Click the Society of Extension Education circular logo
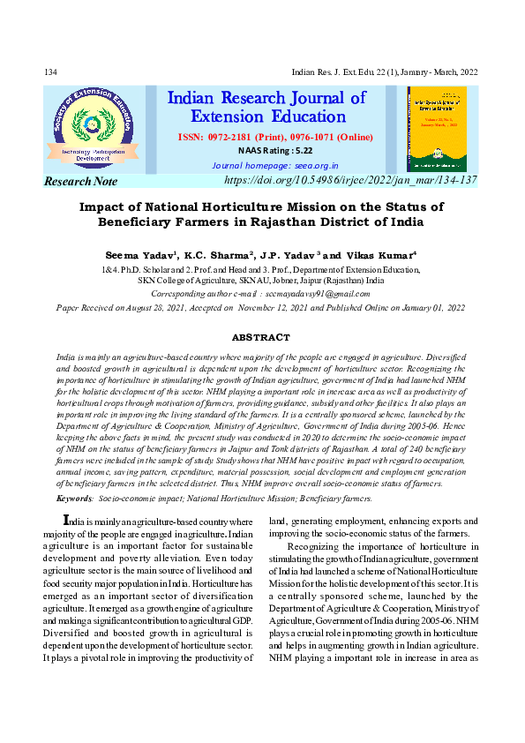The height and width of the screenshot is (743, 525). click(x=92, y=128)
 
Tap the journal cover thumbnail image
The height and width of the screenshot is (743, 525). click(x=437, y=129)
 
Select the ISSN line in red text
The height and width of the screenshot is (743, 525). click(x=275, y=138)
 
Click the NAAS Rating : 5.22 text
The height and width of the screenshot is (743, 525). click(x=263, y=151)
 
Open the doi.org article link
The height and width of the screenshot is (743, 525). click(x=351, y=180)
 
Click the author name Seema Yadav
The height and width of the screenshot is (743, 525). click(x=139, y=254)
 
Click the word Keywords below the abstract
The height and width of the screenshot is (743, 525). click(x=75, y=499)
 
